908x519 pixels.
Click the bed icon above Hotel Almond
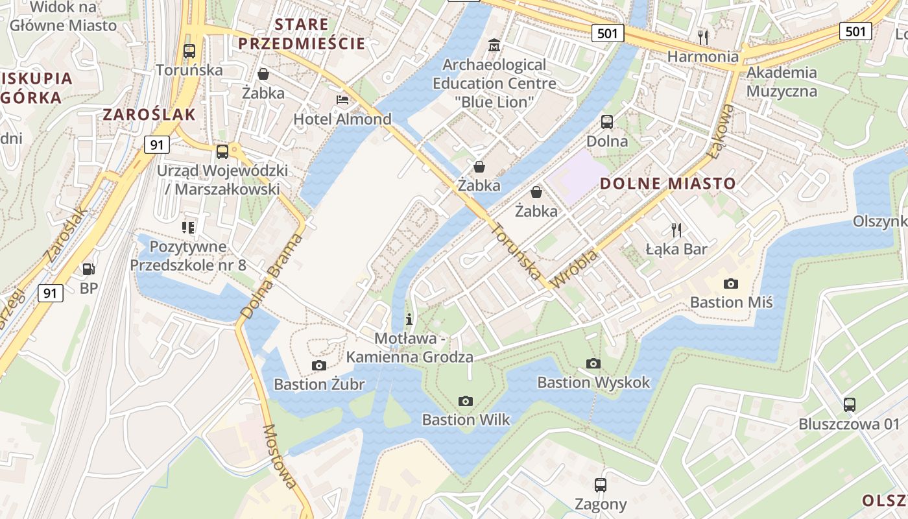tap(342, 100)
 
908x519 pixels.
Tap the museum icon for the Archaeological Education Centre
tap(494, 45)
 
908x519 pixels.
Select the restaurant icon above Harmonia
tap(703, 36)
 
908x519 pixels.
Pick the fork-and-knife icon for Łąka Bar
tap(676, 229)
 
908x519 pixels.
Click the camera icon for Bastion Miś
tap(731, 284)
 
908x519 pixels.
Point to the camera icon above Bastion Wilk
tap(466, 401)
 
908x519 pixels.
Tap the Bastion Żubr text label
tap(319, 384)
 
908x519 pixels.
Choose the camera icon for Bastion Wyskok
tap(593, 363)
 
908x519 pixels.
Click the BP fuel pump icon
tap(88, 269)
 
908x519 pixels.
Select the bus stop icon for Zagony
tap(601, 485)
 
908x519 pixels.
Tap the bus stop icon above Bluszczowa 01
tap(850, 405)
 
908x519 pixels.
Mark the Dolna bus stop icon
tap(607, 121)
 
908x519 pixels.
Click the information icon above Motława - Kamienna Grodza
tap(409, 319)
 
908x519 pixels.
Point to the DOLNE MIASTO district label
tap(668, 184)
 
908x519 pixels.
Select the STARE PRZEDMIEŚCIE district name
tap(302, 34)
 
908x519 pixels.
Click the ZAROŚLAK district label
tap(149, 115)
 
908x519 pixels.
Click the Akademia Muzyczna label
tap(782, 81)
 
